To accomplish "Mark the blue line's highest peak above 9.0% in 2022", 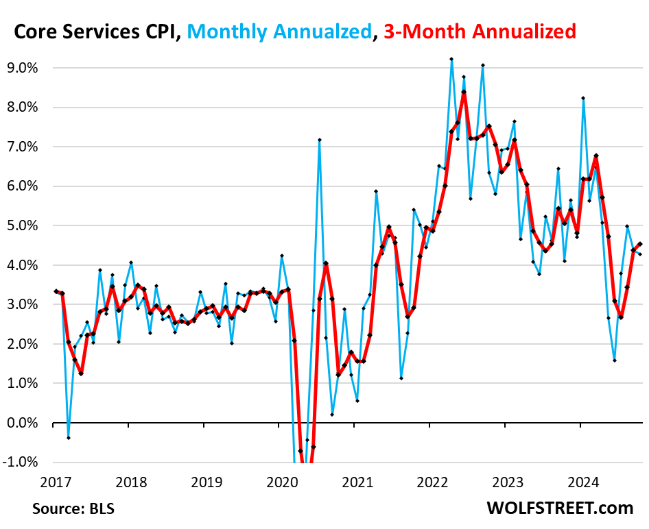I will tap(451, 59).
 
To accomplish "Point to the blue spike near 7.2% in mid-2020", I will tap(320, 140).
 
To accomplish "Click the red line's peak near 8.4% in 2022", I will tap(464, 92).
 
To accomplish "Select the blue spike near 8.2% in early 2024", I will tap(583, 98).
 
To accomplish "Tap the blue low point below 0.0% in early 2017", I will tap(69, 437).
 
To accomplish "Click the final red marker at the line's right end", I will tap(640, 243).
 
